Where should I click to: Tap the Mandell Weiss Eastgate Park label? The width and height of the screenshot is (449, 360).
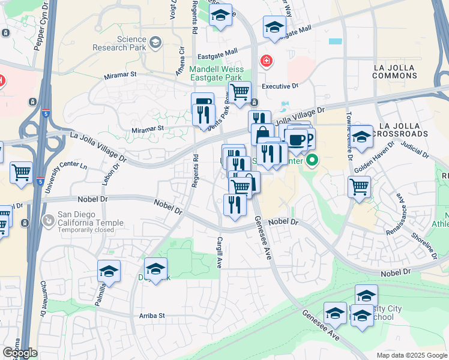pyautogui.click(x=220, y=73)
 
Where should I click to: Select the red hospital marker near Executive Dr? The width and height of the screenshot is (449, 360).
pyautogui.click(x=265, y=61)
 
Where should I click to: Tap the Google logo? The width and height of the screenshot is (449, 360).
pyautogui.click(x=20, y=353)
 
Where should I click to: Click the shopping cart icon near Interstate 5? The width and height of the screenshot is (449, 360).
pyautogui.click(x=22, y=173)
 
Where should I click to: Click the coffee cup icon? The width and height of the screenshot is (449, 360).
pyautogui.click(x=296, y=139)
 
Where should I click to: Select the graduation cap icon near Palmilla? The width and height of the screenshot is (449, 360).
pyautogui.click(x=109, y=271)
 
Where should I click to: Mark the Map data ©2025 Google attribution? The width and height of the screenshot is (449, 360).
pyautogui.click(x=412, y=355)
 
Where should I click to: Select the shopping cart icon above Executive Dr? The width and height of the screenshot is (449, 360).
pyautogui.click(x=240, y=93)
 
